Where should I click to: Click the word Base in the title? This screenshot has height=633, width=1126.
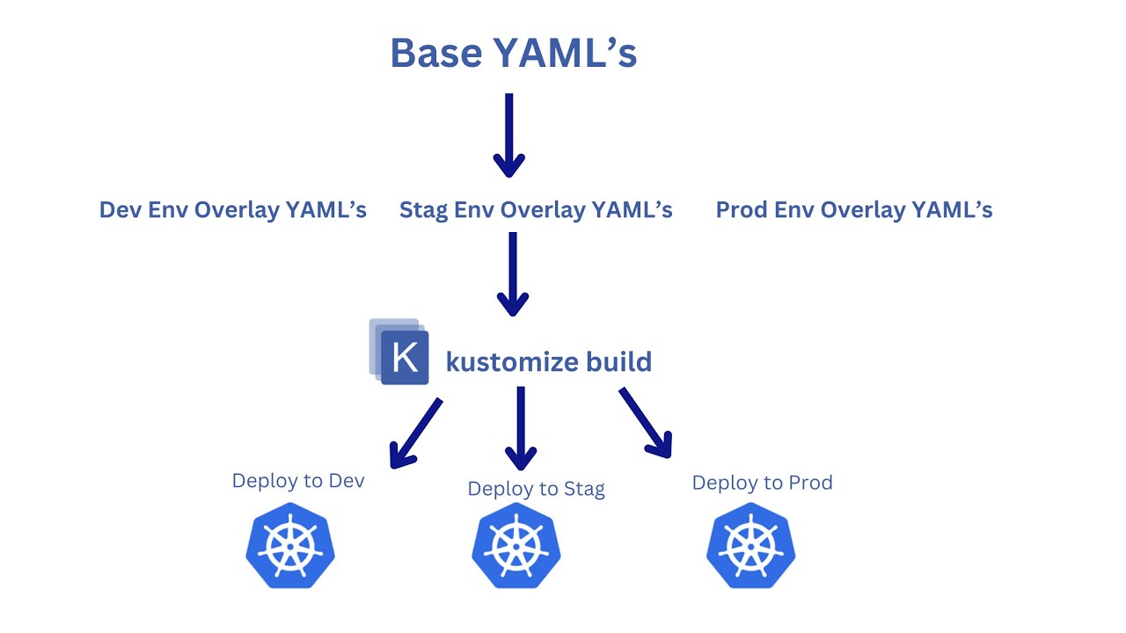click(x=436, y=53)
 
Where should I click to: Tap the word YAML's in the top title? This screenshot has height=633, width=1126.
click(x=564, y=53)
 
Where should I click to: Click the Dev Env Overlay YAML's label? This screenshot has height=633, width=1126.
click(x=232, y=210)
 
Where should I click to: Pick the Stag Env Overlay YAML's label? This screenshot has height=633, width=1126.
click(x=536, y=210)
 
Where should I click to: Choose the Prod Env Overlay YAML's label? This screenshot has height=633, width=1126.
click(x=853, y=210)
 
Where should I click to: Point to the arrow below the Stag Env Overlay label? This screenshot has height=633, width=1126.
click(x=512, y=273)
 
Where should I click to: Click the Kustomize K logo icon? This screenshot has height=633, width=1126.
click(x=400, y=353)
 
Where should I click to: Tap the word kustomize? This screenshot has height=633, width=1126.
click(x=512, y=362)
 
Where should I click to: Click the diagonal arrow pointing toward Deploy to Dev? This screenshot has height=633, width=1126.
click(x=415, y=433)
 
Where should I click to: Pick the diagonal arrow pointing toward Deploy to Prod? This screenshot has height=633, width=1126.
click(x=646, y=423)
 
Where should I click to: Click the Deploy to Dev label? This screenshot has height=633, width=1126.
click(x=297, y=481)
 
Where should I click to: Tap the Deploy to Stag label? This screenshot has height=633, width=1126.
click(x=536, y=489)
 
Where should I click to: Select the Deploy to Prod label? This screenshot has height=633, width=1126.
click(x=762, y=483)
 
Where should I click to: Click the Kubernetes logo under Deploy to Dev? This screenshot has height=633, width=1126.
click(x=290, y=546)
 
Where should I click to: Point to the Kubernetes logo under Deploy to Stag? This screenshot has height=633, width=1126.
click(x=516, y=546)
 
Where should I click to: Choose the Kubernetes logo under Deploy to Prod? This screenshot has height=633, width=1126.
click(x=750, y=546)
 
